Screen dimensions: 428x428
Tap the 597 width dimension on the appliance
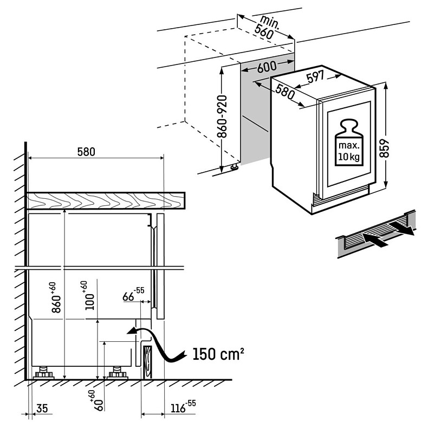315,77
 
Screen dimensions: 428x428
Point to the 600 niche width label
267,68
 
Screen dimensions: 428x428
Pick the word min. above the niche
269,21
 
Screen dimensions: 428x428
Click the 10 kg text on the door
347,157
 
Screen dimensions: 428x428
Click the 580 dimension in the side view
86,152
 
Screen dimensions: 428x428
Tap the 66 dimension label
129,296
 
